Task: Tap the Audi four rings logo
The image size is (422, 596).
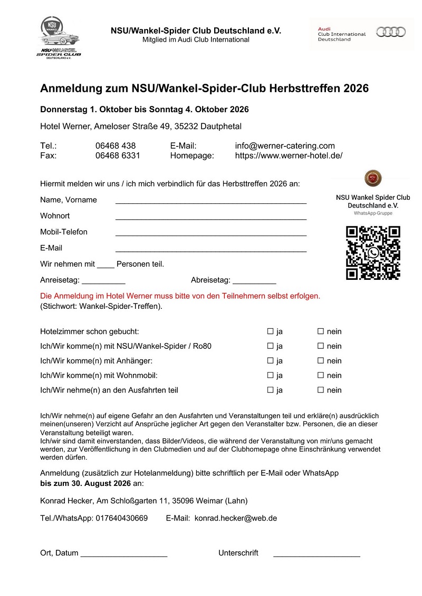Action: (391, 32)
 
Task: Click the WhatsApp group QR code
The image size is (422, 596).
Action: (373, 253)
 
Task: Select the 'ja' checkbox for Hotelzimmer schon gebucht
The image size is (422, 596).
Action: (270, 331)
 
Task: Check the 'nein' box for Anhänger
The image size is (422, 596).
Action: (320, 361)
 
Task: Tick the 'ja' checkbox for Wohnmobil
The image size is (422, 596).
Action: (270, 376)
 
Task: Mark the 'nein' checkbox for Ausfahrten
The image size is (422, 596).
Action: (320, 390)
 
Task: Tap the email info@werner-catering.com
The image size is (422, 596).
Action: (285, 146)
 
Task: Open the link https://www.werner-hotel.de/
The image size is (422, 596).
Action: (289, 155)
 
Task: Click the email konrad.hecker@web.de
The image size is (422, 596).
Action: (236, 518)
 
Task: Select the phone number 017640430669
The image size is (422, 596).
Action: (122, 518)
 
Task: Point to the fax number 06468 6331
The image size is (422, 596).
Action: (118, 155)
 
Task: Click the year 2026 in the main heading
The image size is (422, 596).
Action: (356, 89)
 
